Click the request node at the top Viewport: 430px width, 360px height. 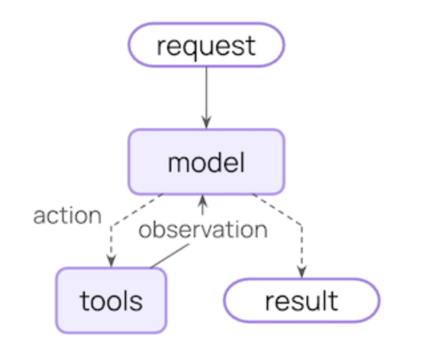(x=206, y=45)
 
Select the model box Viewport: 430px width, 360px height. (x=206, y=161)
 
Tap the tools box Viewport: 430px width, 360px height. (x=111, y=300)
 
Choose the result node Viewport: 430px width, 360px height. (x=301, y=300)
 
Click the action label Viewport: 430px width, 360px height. (x=67, y=216)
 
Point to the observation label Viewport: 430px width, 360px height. (x=202, y=230)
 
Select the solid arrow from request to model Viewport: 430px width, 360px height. (x=206, y=93)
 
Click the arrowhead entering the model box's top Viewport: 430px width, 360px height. (x=206, y=123)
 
